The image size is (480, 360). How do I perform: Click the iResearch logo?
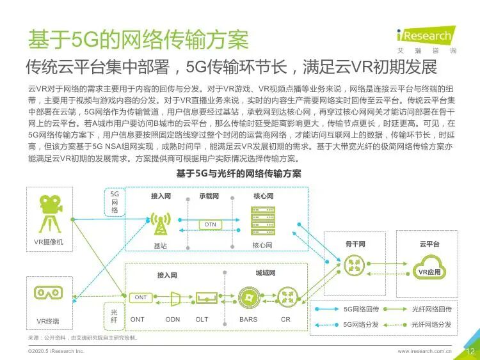[424, 36]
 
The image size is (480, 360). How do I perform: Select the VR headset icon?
[48, 293]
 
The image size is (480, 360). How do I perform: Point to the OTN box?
[211, 224]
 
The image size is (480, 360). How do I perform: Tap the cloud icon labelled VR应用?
[429, 267]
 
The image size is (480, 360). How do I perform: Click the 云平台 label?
[429, 244]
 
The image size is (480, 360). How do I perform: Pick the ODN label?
[173, 319]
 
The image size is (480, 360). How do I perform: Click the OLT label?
[202, 319]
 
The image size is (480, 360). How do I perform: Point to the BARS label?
[248, 319]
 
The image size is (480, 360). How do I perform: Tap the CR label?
[285, 319]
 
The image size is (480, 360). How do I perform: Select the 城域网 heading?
[265, 273]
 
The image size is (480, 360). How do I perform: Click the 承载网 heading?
[209, 196]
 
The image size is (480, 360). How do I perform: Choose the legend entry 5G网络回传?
[362, 309]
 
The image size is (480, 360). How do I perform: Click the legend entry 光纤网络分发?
[431, 325]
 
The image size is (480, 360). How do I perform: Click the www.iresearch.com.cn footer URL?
[425, 351]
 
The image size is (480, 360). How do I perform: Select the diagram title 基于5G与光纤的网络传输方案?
[239, 174]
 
